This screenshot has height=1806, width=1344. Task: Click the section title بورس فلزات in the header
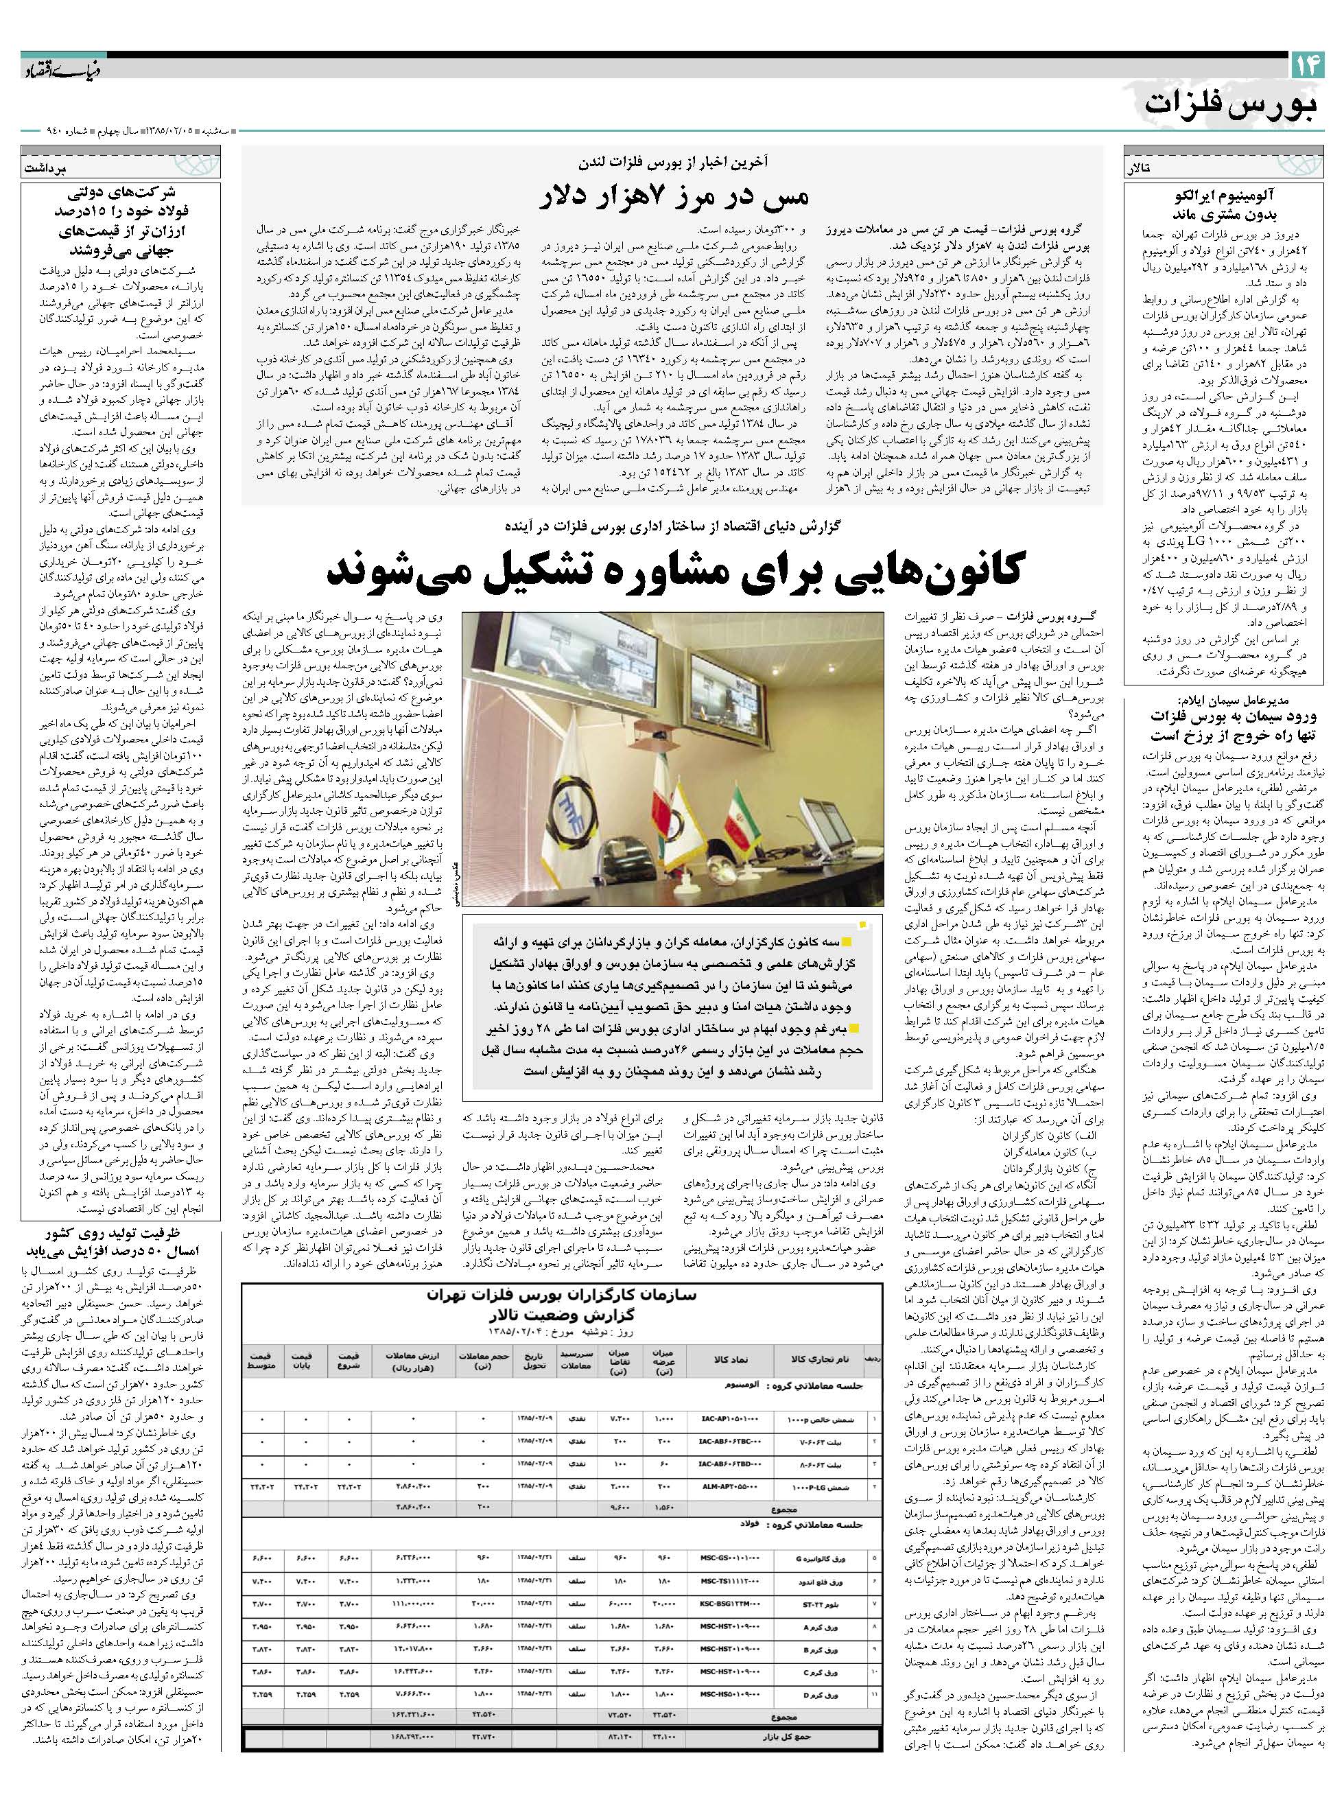[x=1234, y=104]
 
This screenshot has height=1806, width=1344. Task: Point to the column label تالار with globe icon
[x=1139, y=168]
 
